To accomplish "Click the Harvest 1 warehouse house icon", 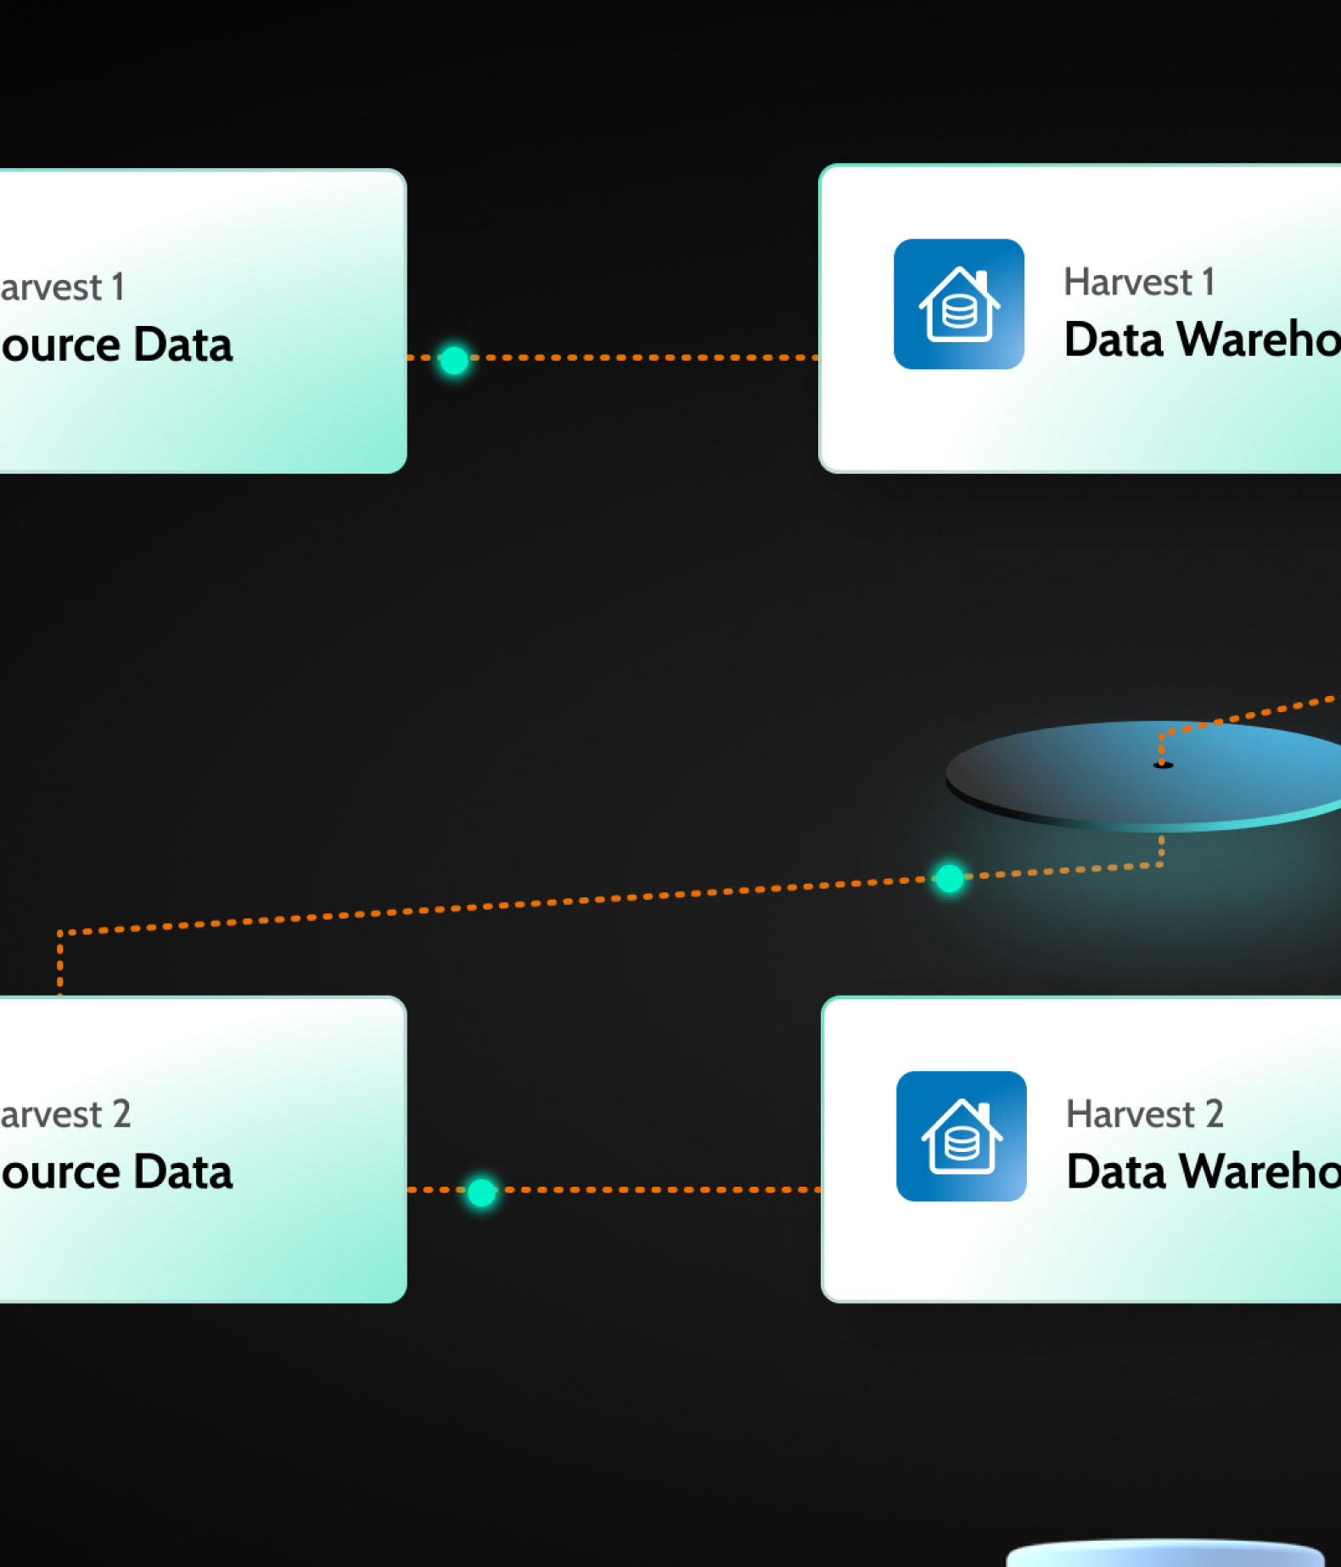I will tap(959, 304).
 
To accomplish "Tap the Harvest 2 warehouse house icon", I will tap(962, 1137).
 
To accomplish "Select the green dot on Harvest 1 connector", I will tap(454, 360).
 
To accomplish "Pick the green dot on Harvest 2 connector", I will tap(481, 1192).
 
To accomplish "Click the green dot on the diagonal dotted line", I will tap(949, 878).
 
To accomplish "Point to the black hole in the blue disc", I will tap(1163, 765).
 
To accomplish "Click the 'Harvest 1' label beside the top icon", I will tap(1138, 282).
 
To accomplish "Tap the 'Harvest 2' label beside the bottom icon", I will tap(1144, 1114).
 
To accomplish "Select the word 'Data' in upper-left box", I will tap(182, 345).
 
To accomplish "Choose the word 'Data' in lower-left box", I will tap(182, 1172).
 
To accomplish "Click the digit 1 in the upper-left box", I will tap(118, 287).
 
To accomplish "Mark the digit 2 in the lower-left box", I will tap(121, 1114).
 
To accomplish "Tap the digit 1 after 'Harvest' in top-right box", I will tap(1208, 282).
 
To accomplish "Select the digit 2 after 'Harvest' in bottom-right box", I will tap(1215, 1114).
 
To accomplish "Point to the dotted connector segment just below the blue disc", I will tap(1161, 850).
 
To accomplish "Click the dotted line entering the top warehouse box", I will tap(764, 357).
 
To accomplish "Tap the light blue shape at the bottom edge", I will tap(1164, 1555).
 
